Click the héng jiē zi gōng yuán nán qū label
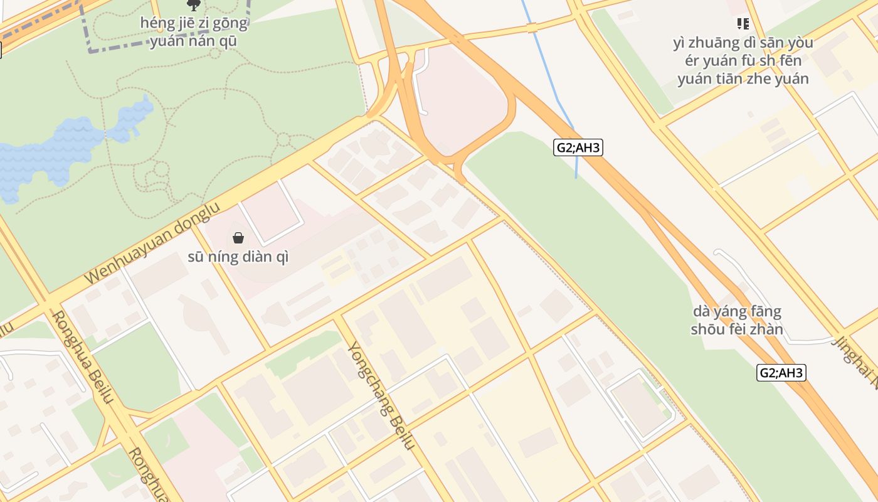(x=194, y=33)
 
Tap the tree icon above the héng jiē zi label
(x=194, y=5)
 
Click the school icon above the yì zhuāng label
(x=743, y=24)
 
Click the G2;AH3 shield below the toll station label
(x=781, y=373)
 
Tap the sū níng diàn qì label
(x=238, y=257)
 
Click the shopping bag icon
(x=238, y=238)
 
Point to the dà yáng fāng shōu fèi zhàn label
(x=737, y=320)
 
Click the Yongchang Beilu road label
(x=381, y=395)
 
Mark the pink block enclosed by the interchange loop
(x=461, y=100)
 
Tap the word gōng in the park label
(x=232, y=24)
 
